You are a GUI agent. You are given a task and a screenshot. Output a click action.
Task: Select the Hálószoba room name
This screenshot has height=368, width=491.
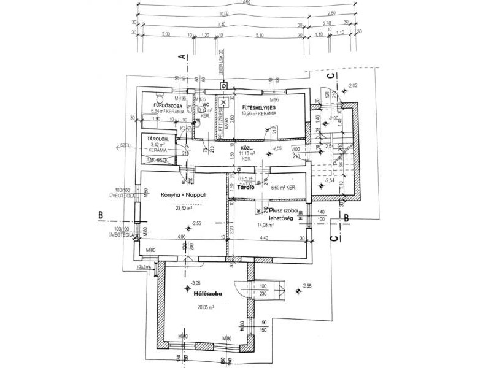[207, 294]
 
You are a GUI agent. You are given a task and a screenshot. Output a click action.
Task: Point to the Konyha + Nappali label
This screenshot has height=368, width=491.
[184, 194]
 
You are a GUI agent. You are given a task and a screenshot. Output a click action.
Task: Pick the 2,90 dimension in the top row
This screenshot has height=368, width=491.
[164, 34]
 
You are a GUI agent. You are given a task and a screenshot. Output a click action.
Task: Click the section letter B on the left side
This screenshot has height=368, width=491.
[99, 215]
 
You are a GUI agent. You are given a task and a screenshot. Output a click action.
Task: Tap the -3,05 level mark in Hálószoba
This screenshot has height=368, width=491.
[196, 283]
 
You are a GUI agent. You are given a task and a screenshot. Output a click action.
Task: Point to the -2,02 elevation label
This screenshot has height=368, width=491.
[352, 85]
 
